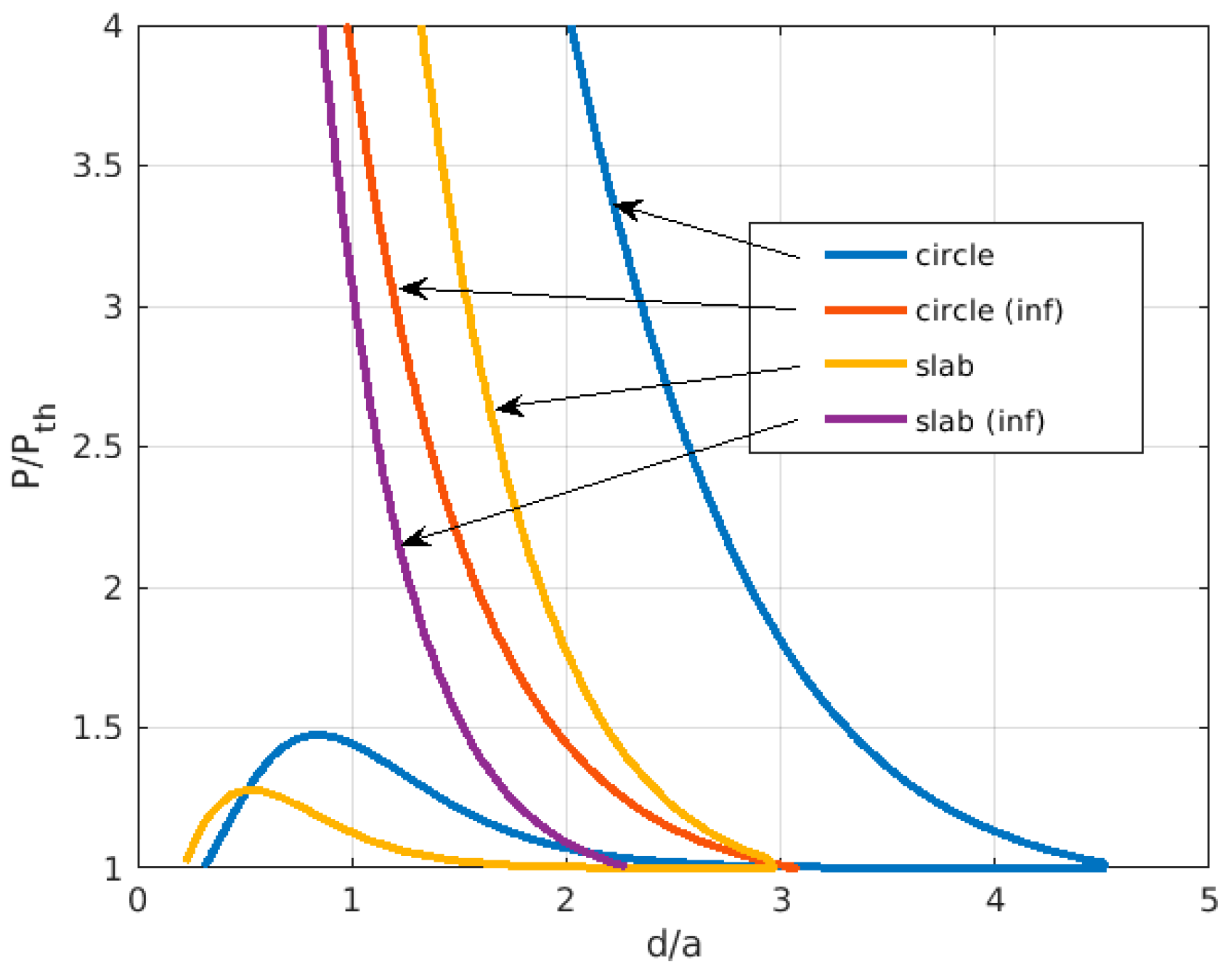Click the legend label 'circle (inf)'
click(988, 311)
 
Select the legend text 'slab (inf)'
click(980, 421)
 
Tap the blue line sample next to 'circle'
click(865, 255)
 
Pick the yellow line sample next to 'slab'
click(865, 364)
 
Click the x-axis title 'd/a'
click(674, 945)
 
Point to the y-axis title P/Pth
click(33, 446)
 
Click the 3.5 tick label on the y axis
click(97, 166)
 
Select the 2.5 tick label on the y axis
click(97, 447)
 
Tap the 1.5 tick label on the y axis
click(97, 728)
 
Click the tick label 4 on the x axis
click(995, 901)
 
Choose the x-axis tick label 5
click(1208, 901)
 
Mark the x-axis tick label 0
click(138, 901)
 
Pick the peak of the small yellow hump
click(251, 790)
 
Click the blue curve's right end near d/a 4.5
click(1102, 865)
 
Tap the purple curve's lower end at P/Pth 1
click(622, 865)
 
